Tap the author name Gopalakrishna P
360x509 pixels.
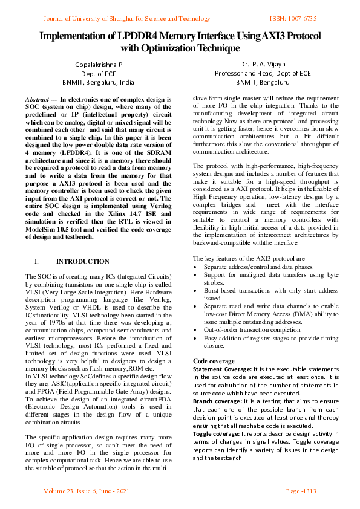pyautogui.click(x=98, y=64)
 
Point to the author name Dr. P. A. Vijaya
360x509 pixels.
pyautogui.click(x=262, y=64)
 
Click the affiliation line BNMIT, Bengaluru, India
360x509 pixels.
pyautogui.click(x=98, y=82)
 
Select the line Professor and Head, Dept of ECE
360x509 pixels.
pyautogui.click(x=262, y=73)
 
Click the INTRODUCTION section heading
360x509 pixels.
pyautogui.click(x=83, y=262)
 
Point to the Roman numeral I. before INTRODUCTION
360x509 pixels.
pyautogui.click(x=37, y=262)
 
